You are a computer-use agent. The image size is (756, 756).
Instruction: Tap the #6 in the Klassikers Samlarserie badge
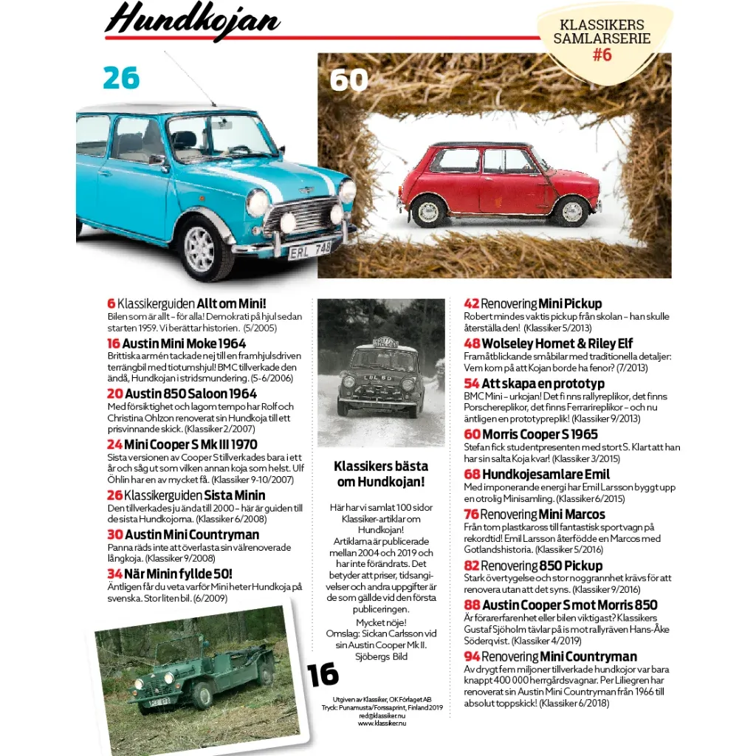click(x=602, y=54)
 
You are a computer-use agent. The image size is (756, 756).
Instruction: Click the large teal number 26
click(x=121, y=78)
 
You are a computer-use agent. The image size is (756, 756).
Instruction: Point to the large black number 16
click(x=323, y=674)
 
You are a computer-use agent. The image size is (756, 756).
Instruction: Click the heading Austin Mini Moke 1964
click(x=184, y=343)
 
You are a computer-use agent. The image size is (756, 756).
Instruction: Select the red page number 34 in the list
click(x=114, y=574)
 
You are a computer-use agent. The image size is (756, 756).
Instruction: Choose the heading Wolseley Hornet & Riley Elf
click(x=551, y=343)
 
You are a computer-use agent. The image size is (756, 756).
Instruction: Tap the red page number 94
click(x=471, y=656)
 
